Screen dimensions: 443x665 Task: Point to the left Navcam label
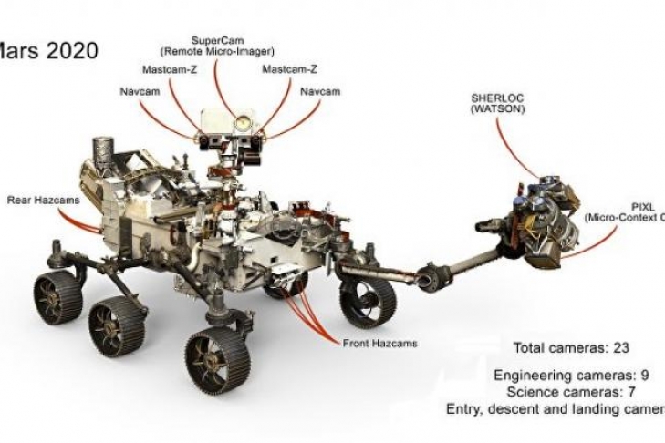pos(138,91)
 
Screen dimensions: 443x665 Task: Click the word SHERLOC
pos(498,98)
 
